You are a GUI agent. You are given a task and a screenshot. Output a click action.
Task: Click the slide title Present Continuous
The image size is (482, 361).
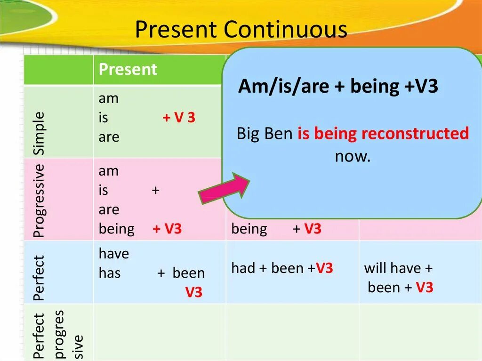pyautogui.click(x=241, y=29)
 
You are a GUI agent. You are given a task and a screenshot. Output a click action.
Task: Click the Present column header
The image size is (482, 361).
pyautogui.click(x=128, y=69)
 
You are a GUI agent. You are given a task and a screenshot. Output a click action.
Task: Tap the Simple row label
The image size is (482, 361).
pyautogui.click(x=39, y=133)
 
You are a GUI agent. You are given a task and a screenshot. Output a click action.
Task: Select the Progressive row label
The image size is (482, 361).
pyautogui.click(x=39, y=201)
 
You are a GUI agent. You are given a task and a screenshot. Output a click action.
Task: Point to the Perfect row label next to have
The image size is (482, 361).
pyautogui.click(x=39, y=278)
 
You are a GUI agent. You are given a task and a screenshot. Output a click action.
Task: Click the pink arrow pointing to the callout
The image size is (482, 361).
pyautogui.click(x=224, y=188)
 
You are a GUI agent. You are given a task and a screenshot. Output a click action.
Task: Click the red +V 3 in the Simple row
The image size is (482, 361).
pyautogui.click(x=179, y=118)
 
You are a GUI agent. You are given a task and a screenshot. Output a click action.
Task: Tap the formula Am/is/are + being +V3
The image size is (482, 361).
pyautogui.click(x=338, y=86)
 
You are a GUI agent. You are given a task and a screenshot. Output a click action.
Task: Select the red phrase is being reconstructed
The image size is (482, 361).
pyautogui.click(x=383, y=134)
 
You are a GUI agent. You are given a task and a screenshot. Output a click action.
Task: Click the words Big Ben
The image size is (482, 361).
pyautogui.click(x=265, y=134)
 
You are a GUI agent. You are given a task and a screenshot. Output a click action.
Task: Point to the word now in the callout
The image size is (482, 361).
pyautogui.click(x=353, y=156)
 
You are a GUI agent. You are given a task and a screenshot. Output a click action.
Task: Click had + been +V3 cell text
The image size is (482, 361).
pyautogui.click(x=282, y=268)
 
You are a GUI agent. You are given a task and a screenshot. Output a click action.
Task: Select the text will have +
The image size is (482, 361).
pyautogui.click(x=398, y=268)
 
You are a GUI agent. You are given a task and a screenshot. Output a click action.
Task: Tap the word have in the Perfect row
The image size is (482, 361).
pyautogui.click(x=114, y=254)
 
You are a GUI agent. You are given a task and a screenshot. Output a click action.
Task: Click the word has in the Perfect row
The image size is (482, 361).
pyautogui.click(x=109, y=273)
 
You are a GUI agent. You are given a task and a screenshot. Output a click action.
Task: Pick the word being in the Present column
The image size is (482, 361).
pyautogui.click(x=117, y=229)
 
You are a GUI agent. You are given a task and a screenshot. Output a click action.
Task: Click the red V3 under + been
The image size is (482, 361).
pyautogui.click(x=193, y=292)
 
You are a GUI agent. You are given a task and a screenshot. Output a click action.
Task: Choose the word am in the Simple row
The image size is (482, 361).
pyautogui.click(x=109, y=99)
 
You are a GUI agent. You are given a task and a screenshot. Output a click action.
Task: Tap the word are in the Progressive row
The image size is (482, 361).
pyautogui.click(x=109, y=210)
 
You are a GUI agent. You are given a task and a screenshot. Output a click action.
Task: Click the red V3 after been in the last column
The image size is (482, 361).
pyautogui.click(x=425, y=287)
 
